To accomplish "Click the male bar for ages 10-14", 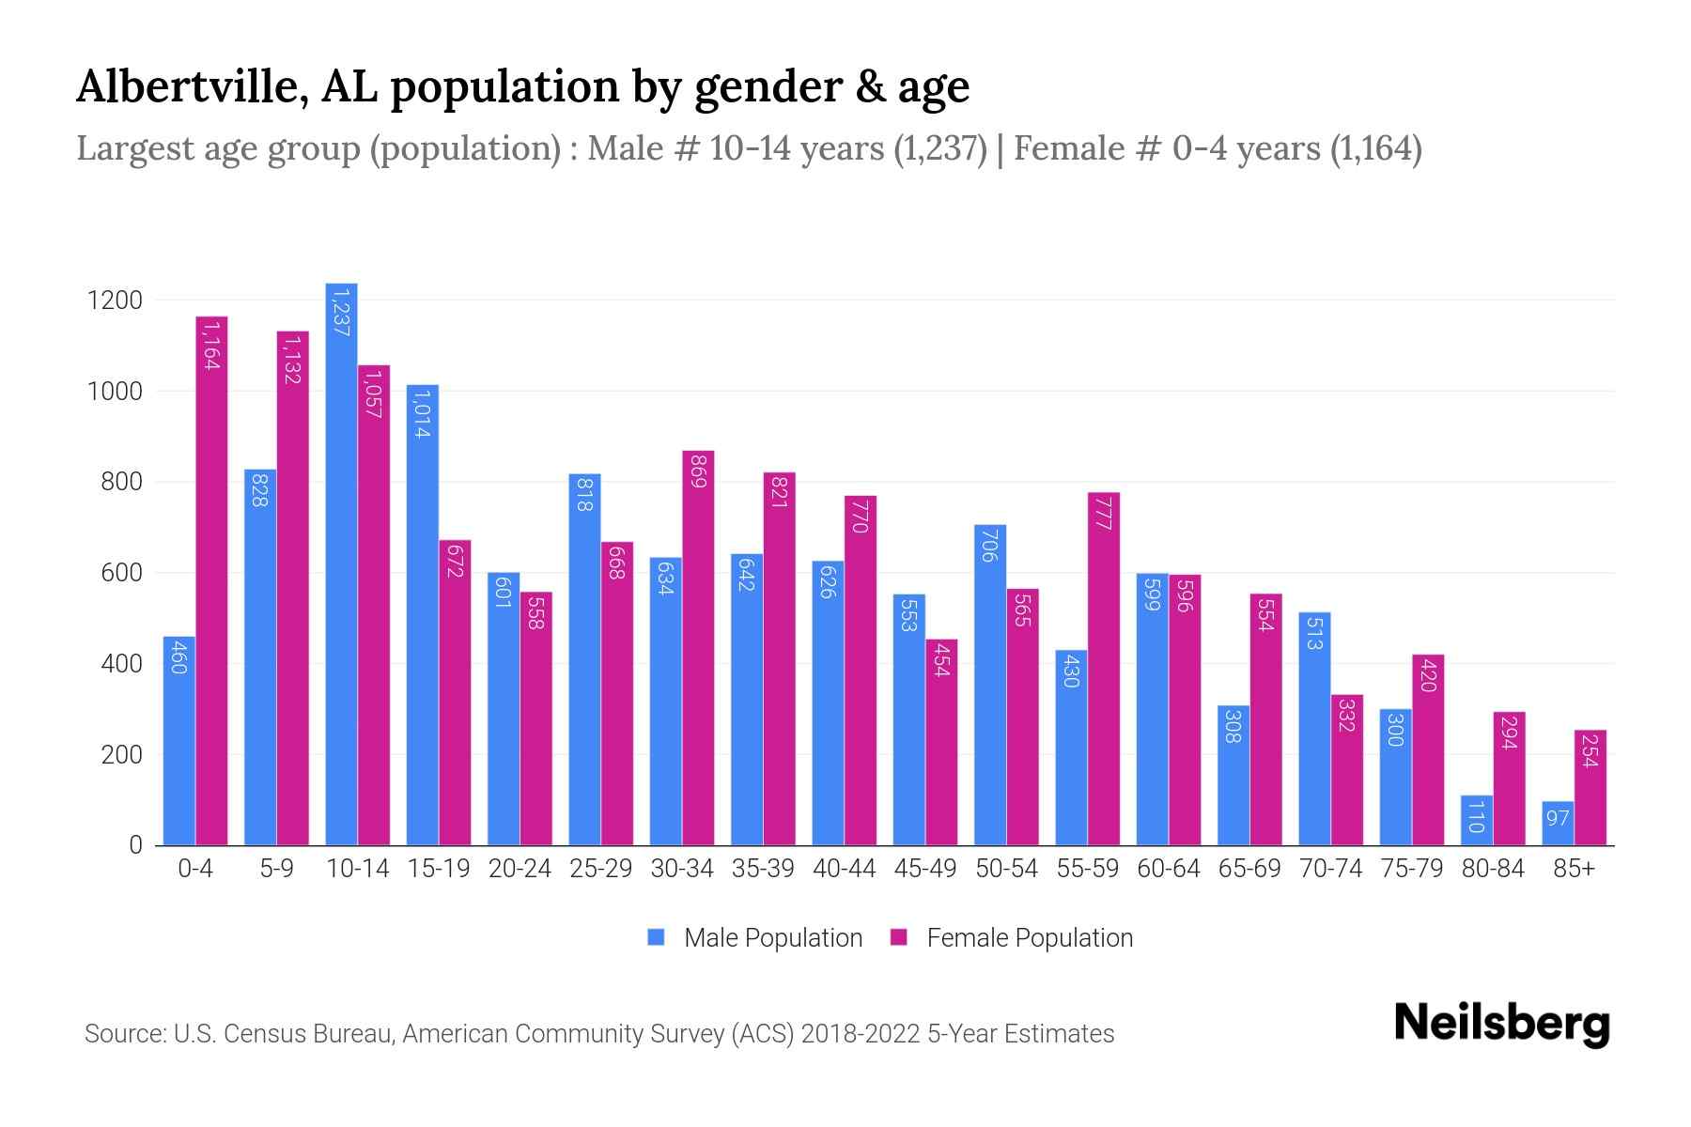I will click(341, 563).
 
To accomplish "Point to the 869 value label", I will click(698, 471).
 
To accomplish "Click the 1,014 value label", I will click(422, 414).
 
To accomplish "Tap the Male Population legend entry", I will click(754, 938).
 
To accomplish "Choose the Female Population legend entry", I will click(1012, 938).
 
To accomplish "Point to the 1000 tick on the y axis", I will click(115, 392).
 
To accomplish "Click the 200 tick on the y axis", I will click(121, 755).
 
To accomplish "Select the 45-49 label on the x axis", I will click(925, 869).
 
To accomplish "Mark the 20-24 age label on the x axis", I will click(520, 869).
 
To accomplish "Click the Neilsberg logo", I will click(1501, 1025).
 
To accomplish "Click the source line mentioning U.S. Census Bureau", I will click(598, 1034).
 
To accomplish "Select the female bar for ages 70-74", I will click(1347, 770).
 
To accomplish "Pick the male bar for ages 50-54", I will click(990, 685).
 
